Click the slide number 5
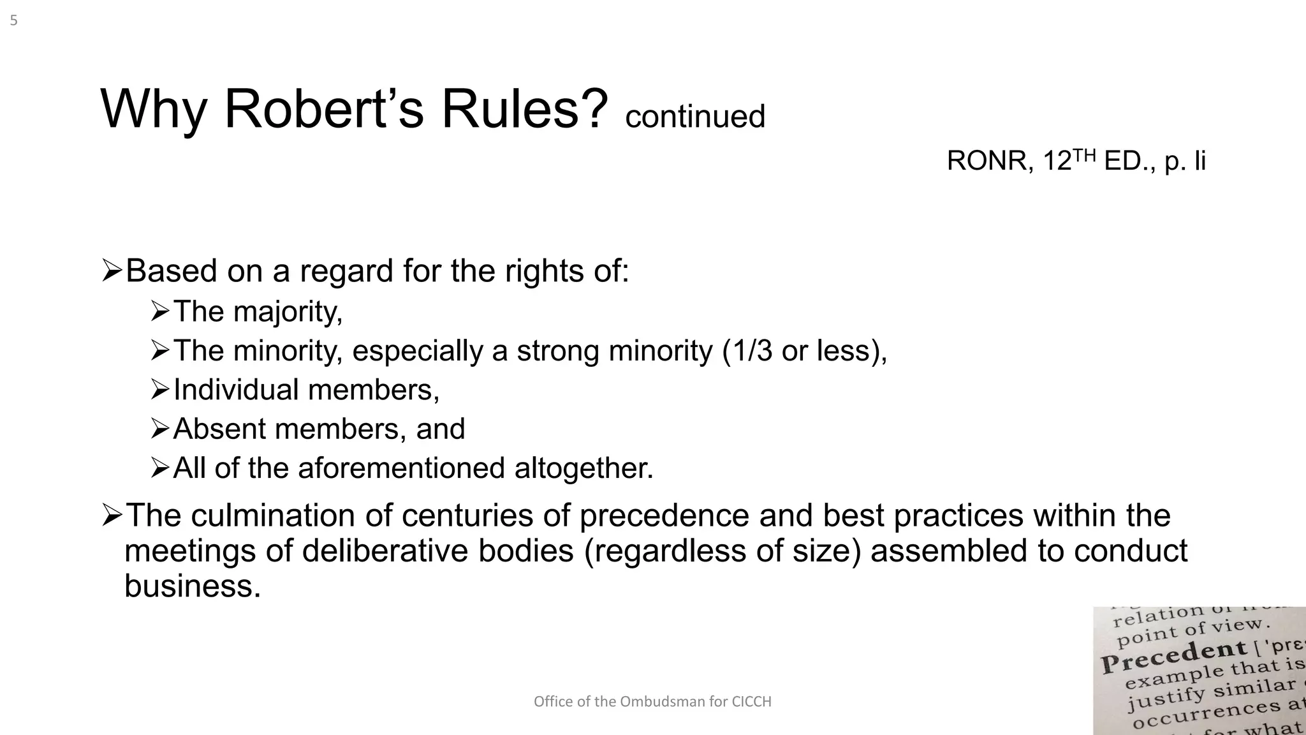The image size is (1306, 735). pyautogui.click(x=13, y=21)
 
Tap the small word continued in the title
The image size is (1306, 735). pyautogui.click(x=695, y=117)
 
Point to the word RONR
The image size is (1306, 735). pyautogui.click(x=986, y=161)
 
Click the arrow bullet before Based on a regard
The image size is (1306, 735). pyautogui.click(x=112, y=271)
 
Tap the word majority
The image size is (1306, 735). pyautogui.click(x=288, y=312)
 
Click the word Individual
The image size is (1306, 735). pyautogui.click(x=236, y=390)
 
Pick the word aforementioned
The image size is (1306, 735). pyautogui.click(x=400, y=468)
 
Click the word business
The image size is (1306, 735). pyautogui.click(x=193, y=586)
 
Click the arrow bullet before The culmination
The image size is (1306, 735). pyautogui.click(x=112, y=515)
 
